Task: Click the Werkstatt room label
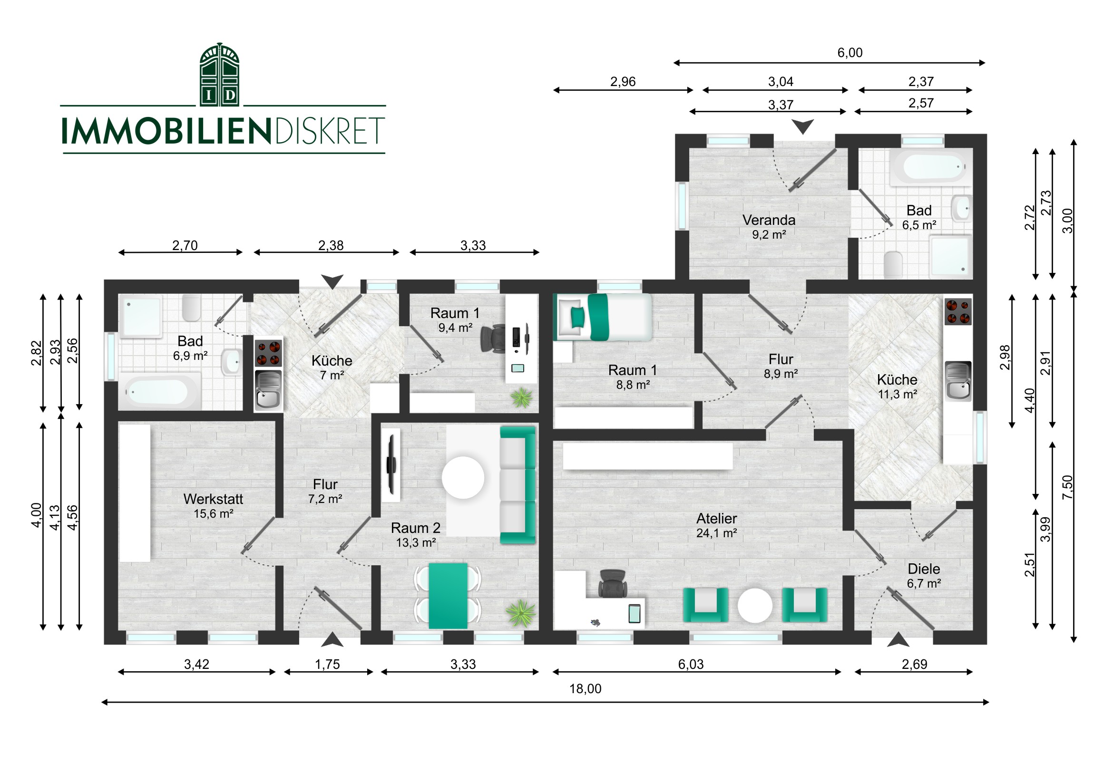pos(214,499)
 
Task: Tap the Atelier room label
pos(717,518)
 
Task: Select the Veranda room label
pos(769,220)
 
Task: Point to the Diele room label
pos(923,569)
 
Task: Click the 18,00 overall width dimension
pos(585,689)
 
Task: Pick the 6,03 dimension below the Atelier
pos(691,664)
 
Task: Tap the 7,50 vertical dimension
pos(1067,487)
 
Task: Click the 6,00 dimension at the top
pos(850,52)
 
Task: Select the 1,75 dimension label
pos(327,664)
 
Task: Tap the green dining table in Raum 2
pos(448,595)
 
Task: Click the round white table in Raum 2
pos(463,478)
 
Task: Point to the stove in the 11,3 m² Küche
pos(958,311)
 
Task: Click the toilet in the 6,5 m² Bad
pos(893,265)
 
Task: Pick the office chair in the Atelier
pos(613,583)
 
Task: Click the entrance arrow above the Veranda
pos(803,126)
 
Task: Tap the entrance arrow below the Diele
pos(898,639)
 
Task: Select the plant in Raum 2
pos(520,612)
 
